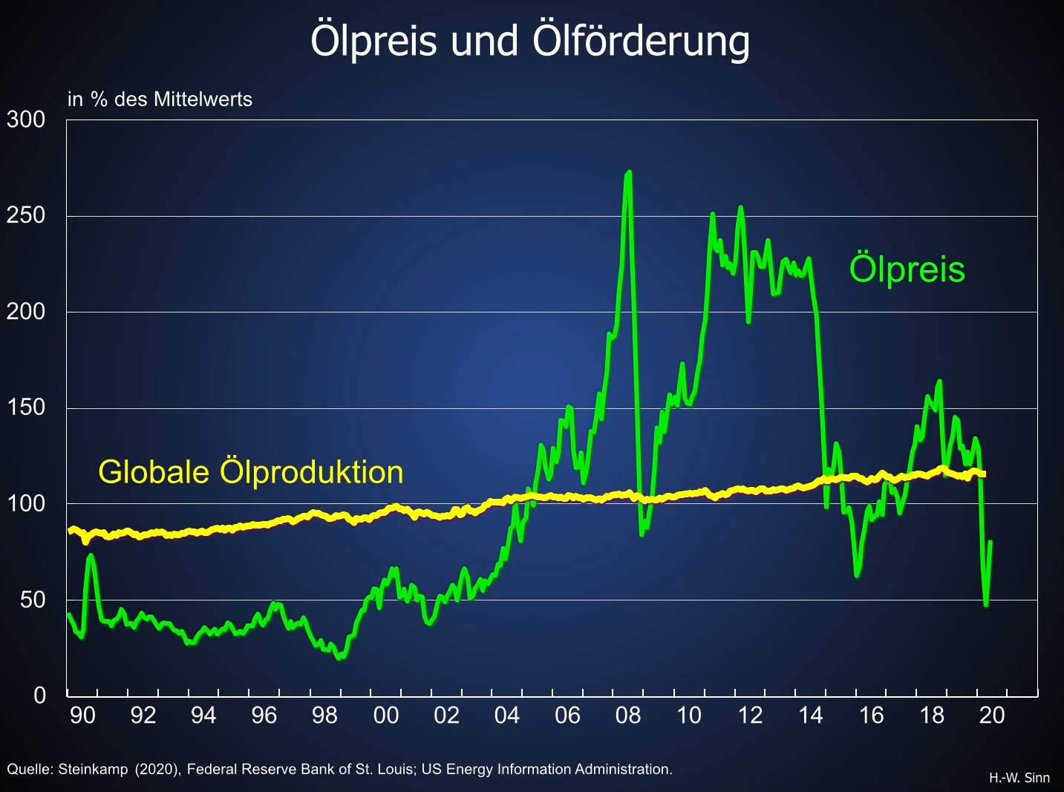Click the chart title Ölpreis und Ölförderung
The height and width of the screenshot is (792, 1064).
[x=530, y=41]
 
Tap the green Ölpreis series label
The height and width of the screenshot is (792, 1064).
[x=907, y=269]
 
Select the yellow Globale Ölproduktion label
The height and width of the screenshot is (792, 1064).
[x=251, y=472]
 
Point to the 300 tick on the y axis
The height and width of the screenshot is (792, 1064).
[x=26, y=120]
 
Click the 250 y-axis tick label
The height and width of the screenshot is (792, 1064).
[x=26, y=215]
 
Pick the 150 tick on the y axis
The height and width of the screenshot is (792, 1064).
[x=26, y=408]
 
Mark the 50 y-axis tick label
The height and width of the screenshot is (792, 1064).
[x=33, y=600]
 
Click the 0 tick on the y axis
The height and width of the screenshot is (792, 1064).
[x=40, y=696]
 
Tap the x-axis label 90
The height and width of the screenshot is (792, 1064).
[x=82, y=716]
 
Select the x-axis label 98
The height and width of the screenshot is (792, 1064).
[x=325, y=716]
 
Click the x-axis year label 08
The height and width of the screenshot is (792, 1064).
[x=628, y=716]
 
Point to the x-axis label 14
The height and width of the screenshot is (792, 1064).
[x=810, y=716]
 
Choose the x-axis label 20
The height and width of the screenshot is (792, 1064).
[x=992, y=716]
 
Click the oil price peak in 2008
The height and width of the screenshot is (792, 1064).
[x=629, y=173]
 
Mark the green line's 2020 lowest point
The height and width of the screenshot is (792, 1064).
[x=986, y=604]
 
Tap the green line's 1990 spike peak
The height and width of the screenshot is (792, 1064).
[x=91, y=555]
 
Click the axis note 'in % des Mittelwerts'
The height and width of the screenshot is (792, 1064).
[x=160, y=99]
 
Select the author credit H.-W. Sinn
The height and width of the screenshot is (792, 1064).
[x=1019, y=778]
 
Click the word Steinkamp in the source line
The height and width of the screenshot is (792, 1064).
[x=93, y=770]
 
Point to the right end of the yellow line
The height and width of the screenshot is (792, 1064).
[x=984, y=474]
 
